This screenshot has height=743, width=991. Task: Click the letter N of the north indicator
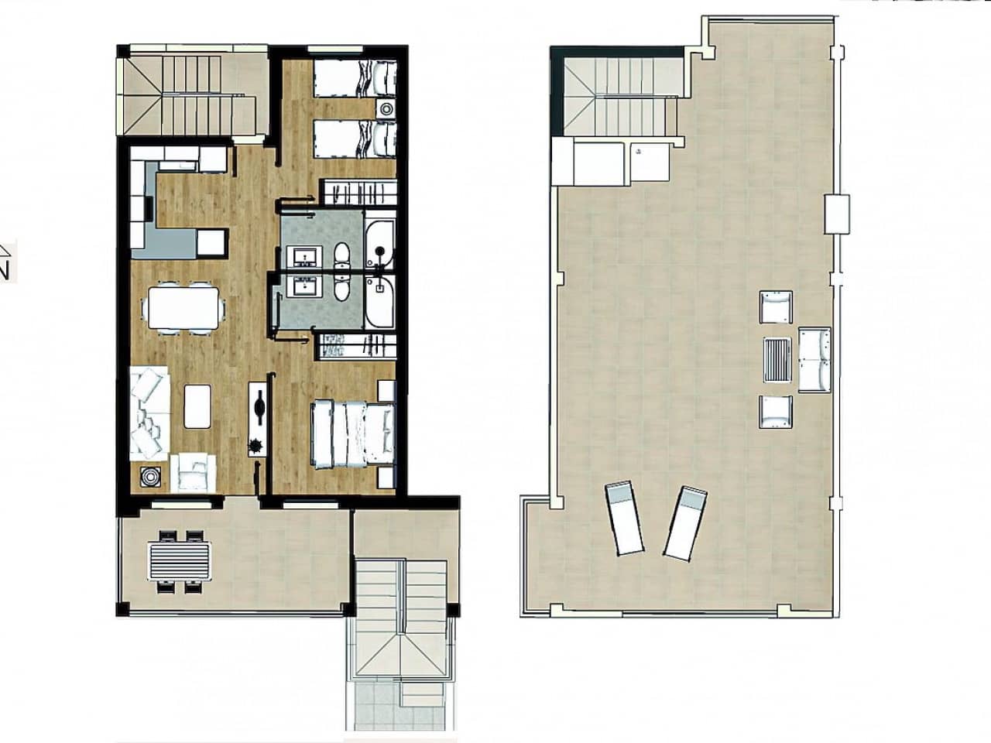tap(4, 270)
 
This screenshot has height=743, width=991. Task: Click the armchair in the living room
tap(194, 471)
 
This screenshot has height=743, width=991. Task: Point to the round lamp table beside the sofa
tap(149, 478)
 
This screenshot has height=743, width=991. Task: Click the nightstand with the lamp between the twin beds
tap(385, 108)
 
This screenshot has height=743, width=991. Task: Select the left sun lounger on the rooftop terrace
tap(625, 519)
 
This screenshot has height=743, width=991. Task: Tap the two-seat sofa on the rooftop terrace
tap(814, 360)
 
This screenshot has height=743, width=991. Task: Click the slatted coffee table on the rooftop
tap(777, 360)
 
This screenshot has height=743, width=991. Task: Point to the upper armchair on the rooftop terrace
tap(777, 307)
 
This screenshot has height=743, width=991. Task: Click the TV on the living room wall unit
tap(258, 405)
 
